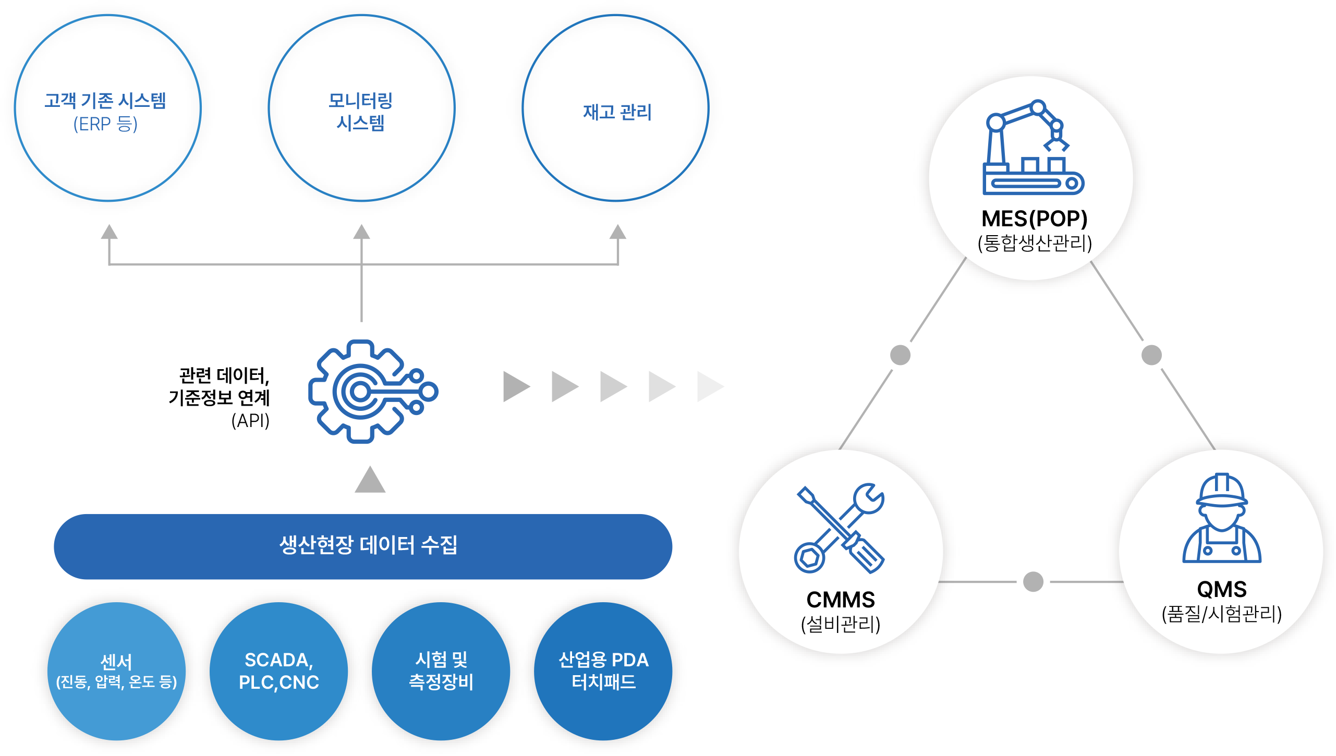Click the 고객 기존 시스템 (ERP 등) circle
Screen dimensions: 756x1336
coord(107,108)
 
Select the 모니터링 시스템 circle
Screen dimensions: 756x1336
coord(361,108)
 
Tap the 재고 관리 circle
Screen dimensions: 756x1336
coord(615,108)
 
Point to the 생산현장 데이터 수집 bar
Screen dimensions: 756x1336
coord(363,546)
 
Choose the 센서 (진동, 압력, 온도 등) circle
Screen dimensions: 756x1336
coord(116,671)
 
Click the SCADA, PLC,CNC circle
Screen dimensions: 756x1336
coord(278,671)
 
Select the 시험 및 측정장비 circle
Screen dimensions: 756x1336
coord(441,671)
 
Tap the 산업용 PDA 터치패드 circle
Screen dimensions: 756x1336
coord(603,671)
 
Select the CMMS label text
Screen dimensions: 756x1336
coord(841,600)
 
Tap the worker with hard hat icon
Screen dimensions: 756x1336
coord(1221,518)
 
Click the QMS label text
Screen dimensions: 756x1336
coord(1222,590)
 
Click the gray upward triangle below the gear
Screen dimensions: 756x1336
coord(370,480)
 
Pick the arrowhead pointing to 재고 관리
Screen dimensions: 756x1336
coord(618,232)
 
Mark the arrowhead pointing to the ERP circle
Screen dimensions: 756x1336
coord(109,232)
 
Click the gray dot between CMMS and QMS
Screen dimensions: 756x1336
coord(1033,582)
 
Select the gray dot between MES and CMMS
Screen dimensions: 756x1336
coord(900,355)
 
